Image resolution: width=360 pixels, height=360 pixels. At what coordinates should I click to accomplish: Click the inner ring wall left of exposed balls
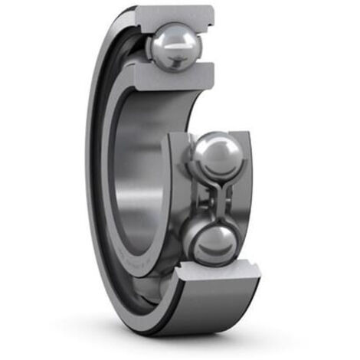coord(177,199)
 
